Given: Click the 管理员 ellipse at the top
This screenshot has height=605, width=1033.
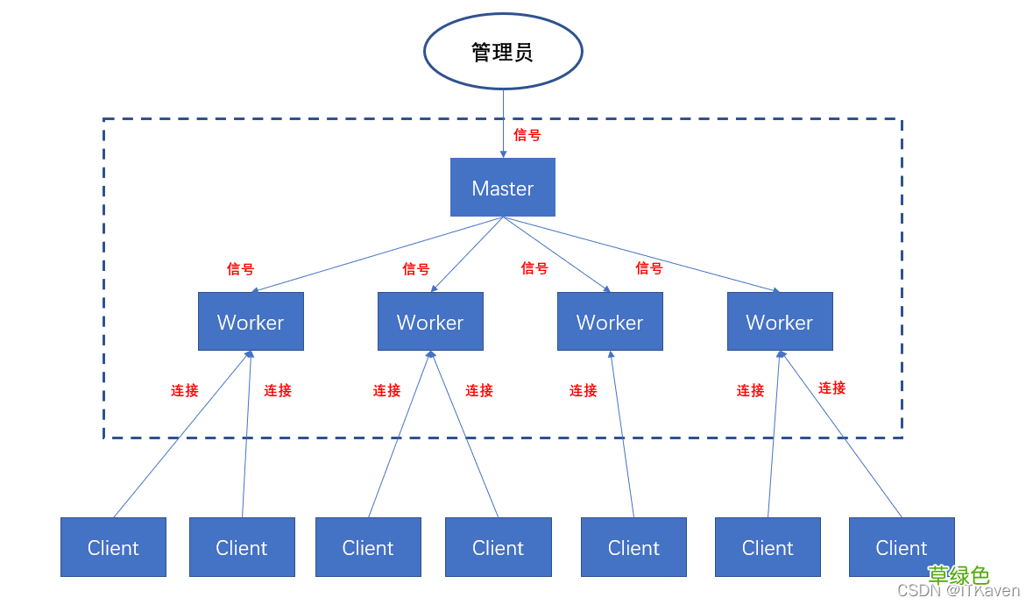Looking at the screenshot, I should (x=503, y=52).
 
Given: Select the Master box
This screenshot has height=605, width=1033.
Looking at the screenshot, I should (x=503, y=188).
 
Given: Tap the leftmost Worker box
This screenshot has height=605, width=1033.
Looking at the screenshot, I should (x=251, y=322).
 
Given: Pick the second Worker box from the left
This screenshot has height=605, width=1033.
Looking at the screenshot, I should (x=430, y=322).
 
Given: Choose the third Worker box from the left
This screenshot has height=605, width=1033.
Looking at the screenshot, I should (x=610, y=322).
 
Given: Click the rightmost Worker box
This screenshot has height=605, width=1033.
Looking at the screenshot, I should (x=780, y=322).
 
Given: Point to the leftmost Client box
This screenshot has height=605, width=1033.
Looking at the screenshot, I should (x=113, y=547).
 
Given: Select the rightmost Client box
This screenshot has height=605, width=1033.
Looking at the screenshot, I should (x=902, y=547).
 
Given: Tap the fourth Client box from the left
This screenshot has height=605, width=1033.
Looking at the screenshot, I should (x=498, y=547).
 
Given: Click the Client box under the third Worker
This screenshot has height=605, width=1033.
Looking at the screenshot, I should (x=633, y=547).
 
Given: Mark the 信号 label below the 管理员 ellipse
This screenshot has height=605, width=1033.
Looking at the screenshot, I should (x=527, y=135).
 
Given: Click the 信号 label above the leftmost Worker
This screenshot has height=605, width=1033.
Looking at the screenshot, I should (x=240, y=269).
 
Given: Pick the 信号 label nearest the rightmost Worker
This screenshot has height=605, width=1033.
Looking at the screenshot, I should (x=649, y=268).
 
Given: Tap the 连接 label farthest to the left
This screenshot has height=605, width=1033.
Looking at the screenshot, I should (x=185, y=390).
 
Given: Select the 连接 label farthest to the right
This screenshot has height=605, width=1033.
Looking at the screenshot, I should (x=832, y=388).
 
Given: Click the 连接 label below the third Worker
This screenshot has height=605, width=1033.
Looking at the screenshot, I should (x=584, y=390).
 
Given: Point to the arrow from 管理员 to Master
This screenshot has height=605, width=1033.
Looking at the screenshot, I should (x=503, y=123).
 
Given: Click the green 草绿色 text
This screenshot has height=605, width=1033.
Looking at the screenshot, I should (x=959, y=575).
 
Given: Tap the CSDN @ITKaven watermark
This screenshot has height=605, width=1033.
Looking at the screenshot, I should (x=959, y=592).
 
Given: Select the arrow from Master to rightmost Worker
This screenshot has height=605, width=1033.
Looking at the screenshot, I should (x=648, y=256).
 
